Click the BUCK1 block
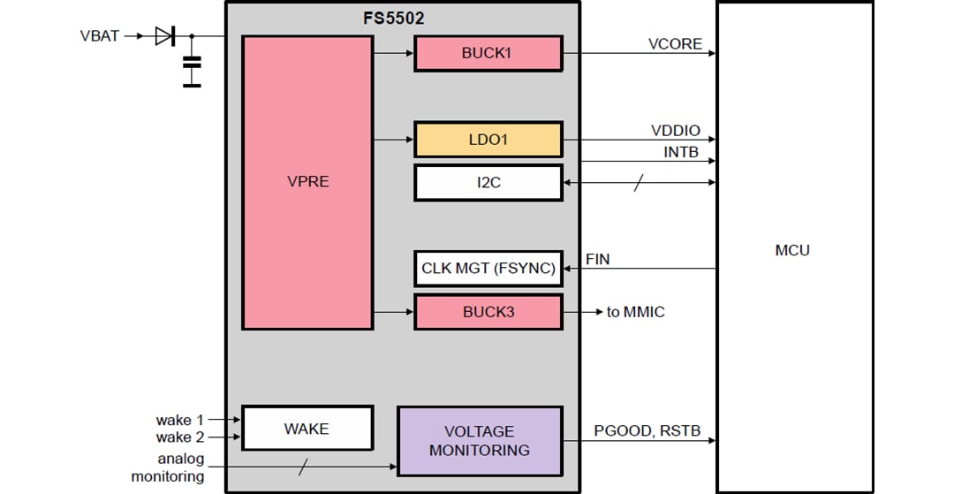[x=488, y=53]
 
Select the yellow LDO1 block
[x=488, y=140]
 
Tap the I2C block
[x=488, y=183]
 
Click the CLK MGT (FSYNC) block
[x=488, y=269]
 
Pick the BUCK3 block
[x=488, y=312]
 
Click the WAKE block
[x=307, y=429]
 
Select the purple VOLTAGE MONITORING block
[x=479, y=441]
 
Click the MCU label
[x=791, y=250]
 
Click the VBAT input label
[x=99, y=36]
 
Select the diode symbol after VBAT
[x=164, y=36]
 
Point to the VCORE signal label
[x=675, y=44]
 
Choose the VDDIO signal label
[x=675, y=131]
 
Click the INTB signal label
[x=680, y=152]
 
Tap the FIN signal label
[x=597, y=260]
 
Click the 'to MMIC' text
[x=635, y=312]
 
